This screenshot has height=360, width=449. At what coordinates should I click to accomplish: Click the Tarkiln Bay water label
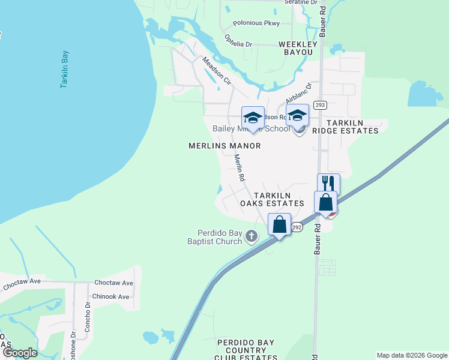point(65,70)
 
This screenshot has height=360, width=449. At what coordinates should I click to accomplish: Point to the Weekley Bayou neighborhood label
point(296,48)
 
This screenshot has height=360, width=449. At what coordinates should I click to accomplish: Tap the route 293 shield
point(320,105)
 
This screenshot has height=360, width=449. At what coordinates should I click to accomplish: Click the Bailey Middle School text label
point(250,129)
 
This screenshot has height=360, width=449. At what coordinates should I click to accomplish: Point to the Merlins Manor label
point(224,146)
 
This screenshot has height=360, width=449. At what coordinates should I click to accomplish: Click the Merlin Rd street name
point(240,168)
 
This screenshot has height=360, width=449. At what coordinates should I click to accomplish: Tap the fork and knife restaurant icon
point(328,182)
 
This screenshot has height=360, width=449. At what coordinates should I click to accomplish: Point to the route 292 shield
point(297,227)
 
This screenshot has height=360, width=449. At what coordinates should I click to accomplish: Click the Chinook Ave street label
point(110,296)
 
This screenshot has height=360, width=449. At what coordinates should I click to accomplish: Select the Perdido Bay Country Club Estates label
point(246,350)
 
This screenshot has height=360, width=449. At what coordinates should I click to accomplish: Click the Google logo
point(19,353)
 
